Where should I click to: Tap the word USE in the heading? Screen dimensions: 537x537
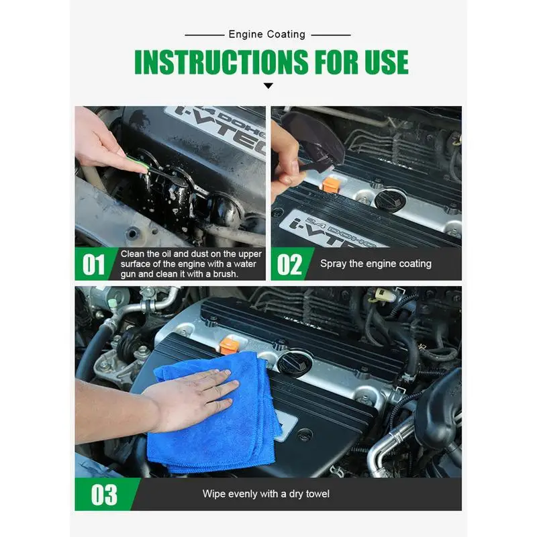pyautogui.click(x=386, y=62)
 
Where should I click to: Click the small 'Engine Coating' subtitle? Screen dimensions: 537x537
pyautogui.click(x=266, y=34)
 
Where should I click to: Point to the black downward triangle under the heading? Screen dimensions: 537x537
pyautogui.click(x=268, y=86)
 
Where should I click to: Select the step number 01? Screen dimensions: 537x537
pyautogui.click(x=93, y=264)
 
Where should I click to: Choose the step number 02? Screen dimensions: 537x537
pyautogui.click(x=289, y=264)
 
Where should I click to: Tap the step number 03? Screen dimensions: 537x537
pyautogui.click(x=104, y=495)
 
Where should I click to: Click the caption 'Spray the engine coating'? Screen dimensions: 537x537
pyautogui.click(x=376, y=264)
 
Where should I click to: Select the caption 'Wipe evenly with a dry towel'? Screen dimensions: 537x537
pyautogui.click(x=266, y=494)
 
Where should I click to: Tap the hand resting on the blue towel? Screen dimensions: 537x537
pyautogui.click(x=192, y=399)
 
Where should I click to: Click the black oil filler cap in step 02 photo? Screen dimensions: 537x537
pyautogui.click(x=389, y=198)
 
